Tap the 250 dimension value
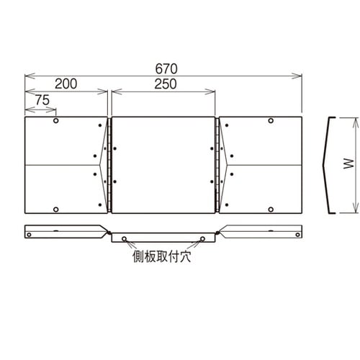coord(165,84)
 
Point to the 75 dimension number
coord(40,102)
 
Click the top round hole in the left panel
coord(56,121)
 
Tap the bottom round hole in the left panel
coord(56,209)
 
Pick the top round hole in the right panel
coord(270,121)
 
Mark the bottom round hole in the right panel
coord(270,209)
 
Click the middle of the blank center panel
coord(164,165)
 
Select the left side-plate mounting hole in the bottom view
coord(124,238)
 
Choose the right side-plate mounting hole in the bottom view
coord(204,238)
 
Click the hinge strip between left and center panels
coord(110,165)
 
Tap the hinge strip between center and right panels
coord(218,165)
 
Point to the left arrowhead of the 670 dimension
coord(27,75)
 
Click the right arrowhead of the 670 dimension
coord(300,75)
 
